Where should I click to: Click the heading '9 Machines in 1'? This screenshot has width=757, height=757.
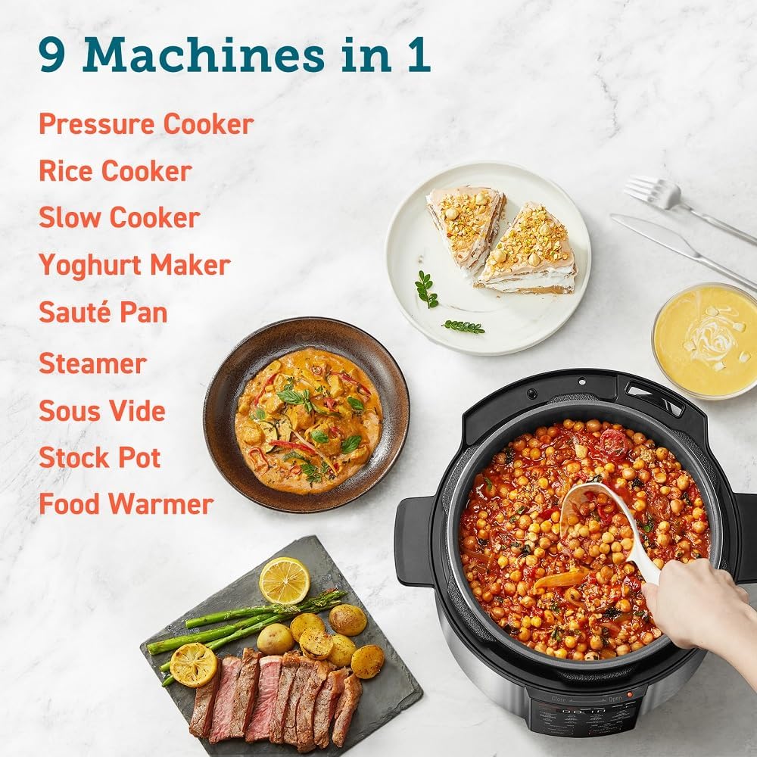click(235, 55)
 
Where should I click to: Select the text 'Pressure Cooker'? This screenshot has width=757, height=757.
click(146, 124)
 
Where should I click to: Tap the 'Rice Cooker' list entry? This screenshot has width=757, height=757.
click(115, 171)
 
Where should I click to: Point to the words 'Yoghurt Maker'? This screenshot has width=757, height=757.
click(134, 265)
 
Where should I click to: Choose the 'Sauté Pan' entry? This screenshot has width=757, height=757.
click(103, 312)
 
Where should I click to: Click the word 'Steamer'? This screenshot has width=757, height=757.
click(92, 363)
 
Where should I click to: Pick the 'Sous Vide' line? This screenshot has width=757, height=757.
click(101, 410)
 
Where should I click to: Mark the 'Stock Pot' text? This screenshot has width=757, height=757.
click(100, 457)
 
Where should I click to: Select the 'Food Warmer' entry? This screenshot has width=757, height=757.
click(126, 504)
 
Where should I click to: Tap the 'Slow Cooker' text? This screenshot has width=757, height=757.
click(119, 218)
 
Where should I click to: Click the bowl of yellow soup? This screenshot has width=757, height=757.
click(706, 341)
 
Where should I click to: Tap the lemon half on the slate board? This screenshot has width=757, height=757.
click(284, 580)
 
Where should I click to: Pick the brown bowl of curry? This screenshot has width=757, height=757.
click(306, 416)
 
